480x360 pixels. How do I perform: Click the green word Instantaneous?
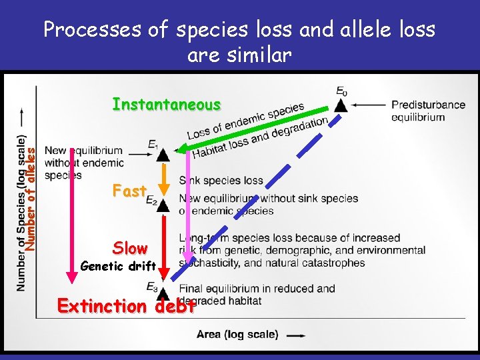coord(166,105)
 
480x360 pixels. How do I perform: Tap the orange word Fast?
coord(129,191)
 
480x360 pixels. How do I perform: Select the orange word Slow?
coord(130,248)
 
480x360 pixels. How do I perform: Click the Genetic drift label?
coord(118,267)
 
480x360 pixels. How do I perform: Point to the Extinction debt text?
coord(127,307)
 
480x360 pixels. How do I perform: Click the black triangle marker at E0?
coord(341,105)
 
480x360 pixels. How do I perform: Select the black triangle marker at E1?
coord(162,155)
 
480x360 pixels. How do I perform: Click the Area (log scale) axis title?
coord(238,335)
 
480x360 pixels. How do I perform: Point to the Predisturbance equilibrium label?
coord(419,111)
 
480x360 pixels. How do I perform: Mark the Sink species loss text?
coord(221,181)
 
